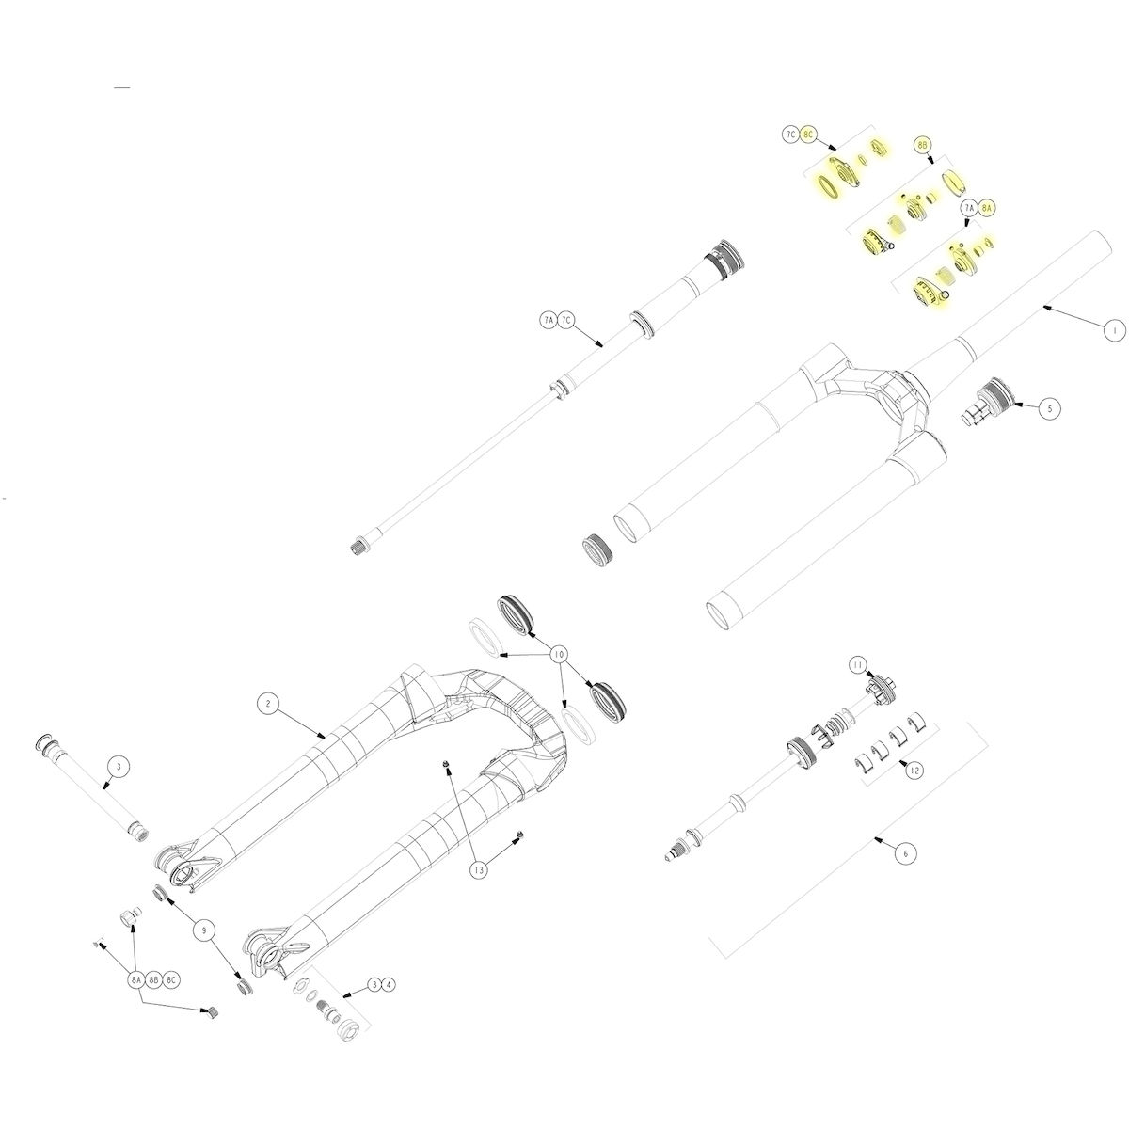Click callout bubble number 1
pos(1113,330)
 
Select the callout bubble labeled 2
pos(267,703)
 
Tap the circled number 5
pos(1050,408)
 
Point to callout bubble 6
pos(904,853)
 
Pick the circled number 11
pos(858,665)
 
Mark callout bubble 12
pos(912,770)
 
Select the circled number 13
pos(480,870)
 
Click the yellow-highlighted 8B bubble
pos(923,145)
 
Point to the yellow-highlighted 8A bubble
pos(986,207)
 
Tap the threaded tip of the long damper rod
pos(358,546)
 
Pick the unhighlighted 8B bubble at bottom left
pos(153,980)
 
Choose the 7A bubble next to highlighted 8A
pos(969,207)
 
